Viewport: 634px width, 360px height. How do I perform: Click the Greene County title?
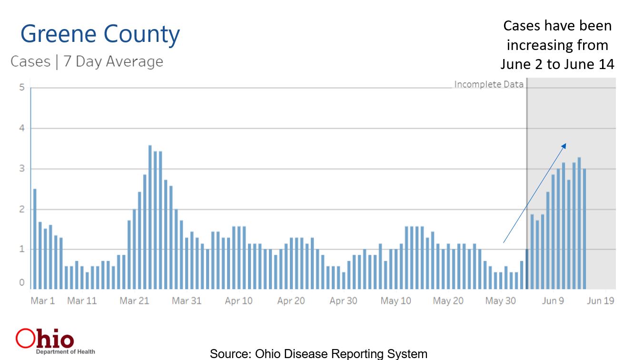(100, 35)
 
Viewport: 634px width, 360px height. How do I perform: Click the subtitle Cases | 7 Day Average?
(87, 61)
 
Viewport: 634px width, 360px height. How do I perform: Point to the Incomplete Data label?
(488, 84)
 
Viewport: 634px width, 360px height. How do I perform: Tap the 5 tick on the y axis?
(21, 88)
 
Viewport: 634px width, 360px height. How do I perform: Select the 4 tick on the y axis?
(21, 128)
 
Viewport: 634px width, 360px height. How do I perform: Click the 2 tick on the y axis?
(21, 209)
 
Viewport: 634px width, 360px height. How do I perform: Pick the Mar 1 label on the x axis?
(42, 301)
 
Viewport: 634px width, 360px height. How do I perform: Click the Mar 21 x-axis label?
(134, 301)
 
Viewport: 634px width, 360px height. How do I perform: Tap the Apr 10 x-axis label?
(238, 301)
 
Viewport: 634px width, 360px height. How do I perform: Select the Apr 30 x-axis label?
(343, 301)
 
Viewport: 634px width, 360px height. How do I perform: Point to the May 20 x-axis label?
(448, 301)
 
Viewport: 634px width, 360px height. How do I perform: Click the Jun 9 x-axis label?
(553, 301)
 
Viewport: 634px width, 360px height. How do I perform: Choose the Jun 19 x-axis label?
(600, 301)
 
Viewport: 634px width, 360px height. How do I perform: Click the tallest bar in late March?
(150, 217)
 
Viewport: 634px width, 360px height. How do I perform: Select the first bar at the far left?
(35, 239)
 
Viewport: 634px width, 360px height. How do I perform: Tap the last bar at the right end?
(584, 229)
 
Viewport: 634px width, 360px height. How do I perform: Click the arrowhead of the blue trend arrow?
(564, 146)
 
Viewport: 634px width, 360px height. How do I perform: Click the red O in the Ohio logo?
(25, 339)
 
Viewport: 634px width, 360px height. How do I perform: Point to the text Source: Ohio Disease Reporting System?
(318, 354)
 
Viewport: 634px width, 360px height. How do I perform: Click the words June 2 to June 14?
(557, 64)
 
